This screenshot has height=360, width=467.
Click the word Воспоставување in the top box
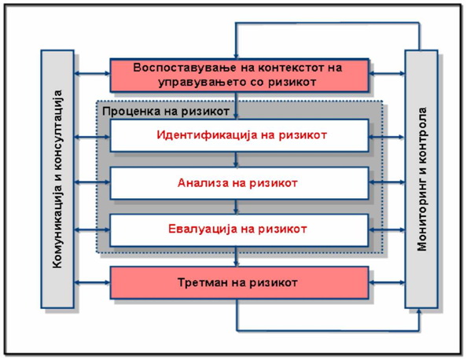[x=185, y=68]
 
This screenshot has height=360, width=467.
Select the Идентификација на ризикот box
[x=240, y=135]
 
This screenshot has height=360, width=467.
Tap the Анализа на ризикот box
[x=240, y=183]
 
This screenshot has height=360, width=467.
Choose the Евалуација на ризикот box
[x=240, y=230]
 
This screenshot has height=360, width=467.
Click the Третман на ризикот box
[x=240, y=283]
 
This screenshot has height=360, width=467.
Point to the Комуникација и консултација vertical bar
[x=57, y=179]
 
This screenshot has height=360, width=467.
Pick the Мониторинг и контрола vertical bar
[x=421, y=179]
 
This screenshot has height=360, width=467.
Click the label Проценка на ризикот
[x=166, y=112]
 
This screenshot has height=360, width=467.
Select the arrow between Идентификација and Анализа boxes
[x=236, y=160]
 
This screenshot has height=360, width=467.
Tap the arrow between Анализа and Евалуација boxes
[x=236, y=207]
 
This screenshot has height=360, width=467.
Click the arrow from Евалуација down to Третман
[x=236, y=256]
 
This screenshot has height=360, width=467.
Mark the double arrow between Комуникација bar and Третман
[x=92, y=282]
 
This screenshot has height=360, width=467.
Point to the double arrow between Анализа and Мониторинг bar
[x=387, y=182]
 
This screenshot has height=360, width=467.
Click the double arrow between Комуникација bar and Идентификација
[x=92, y=137]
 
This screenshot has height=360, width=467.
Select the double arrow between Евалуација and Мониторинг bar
[x=387, y=230]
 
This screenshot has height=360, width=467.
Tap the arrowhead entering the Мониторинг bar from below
[x=419, y=310]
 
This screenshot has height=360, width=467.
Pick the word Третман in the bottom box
[x=202, y=282]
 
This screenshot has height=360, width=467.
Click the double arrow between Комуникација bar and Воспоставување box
[x=92, y=73]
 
